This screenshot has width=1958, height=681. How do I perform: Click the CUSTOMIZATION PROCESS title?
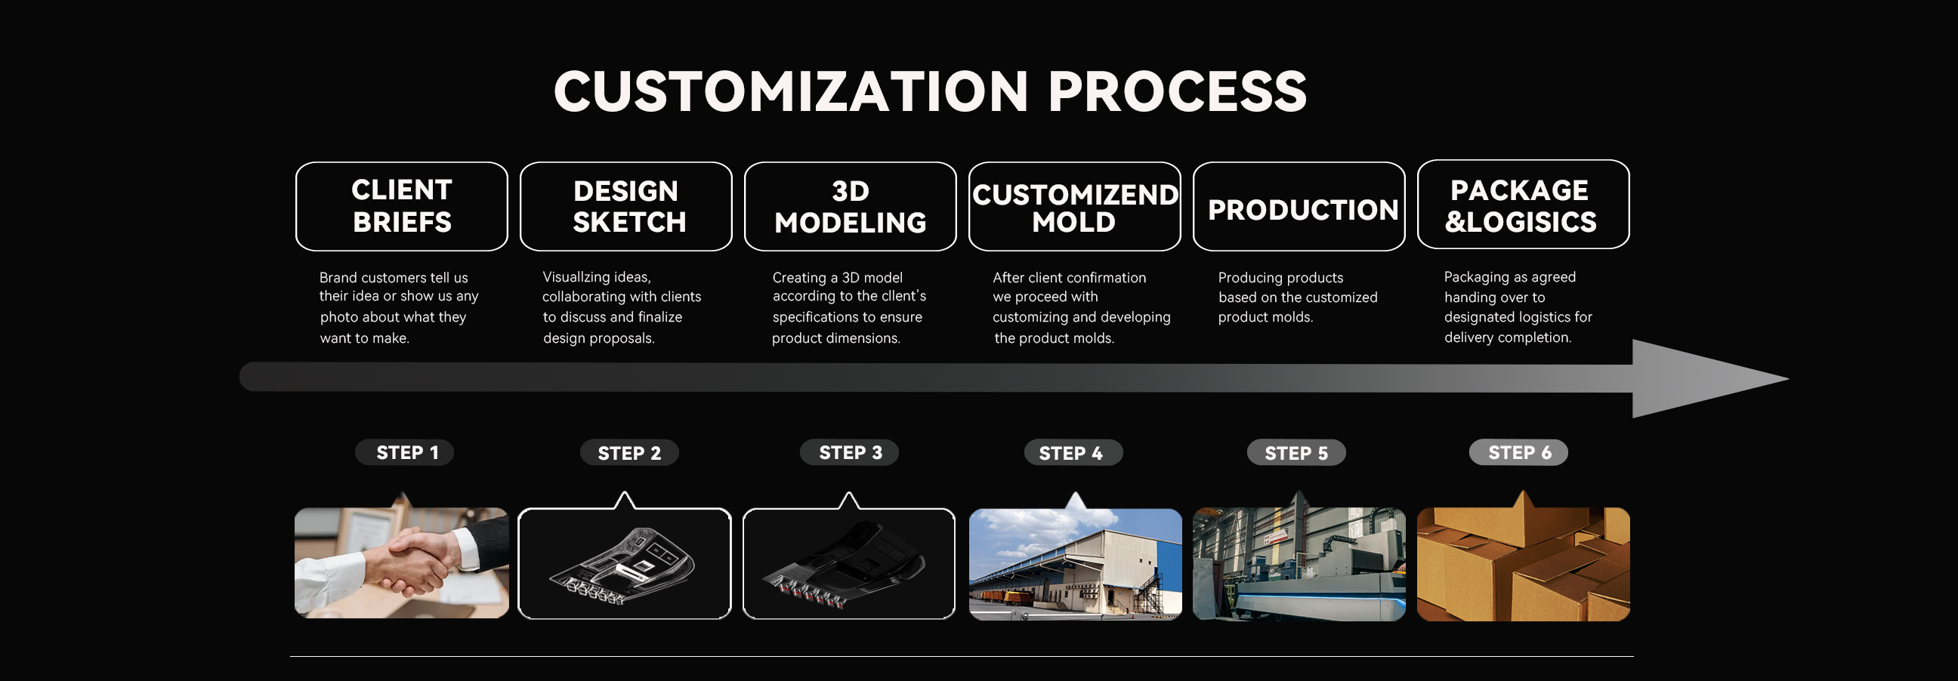coord(931,91)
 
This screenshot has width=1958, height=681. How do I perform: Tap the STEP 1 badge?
coord(404,452)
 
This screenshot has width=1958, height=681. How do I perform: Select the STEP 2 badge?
coord(629,453)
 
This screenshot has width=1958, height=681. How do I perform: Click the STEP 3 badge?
coord(850,452)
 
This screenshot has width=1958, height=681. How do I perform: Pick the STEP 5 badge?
coord(1297,453)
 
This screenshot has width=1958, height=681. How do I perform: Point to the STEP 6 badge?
coord(1518,452)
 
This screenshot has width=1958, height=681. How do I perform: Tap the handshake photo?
coord(401,562)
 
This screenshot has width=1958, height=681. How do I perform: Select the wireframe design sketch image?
coord(625,563)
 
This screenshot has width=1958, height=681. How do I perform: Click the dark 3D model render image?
coord(849,563)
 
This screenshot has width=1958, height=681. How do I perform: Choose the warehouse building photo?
coord(1075,564)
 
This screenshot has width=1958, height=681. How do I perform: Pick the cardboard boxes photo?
coord(1523,564)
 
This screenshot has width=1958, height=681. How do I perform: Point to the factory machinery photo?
coord(1299,564)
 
